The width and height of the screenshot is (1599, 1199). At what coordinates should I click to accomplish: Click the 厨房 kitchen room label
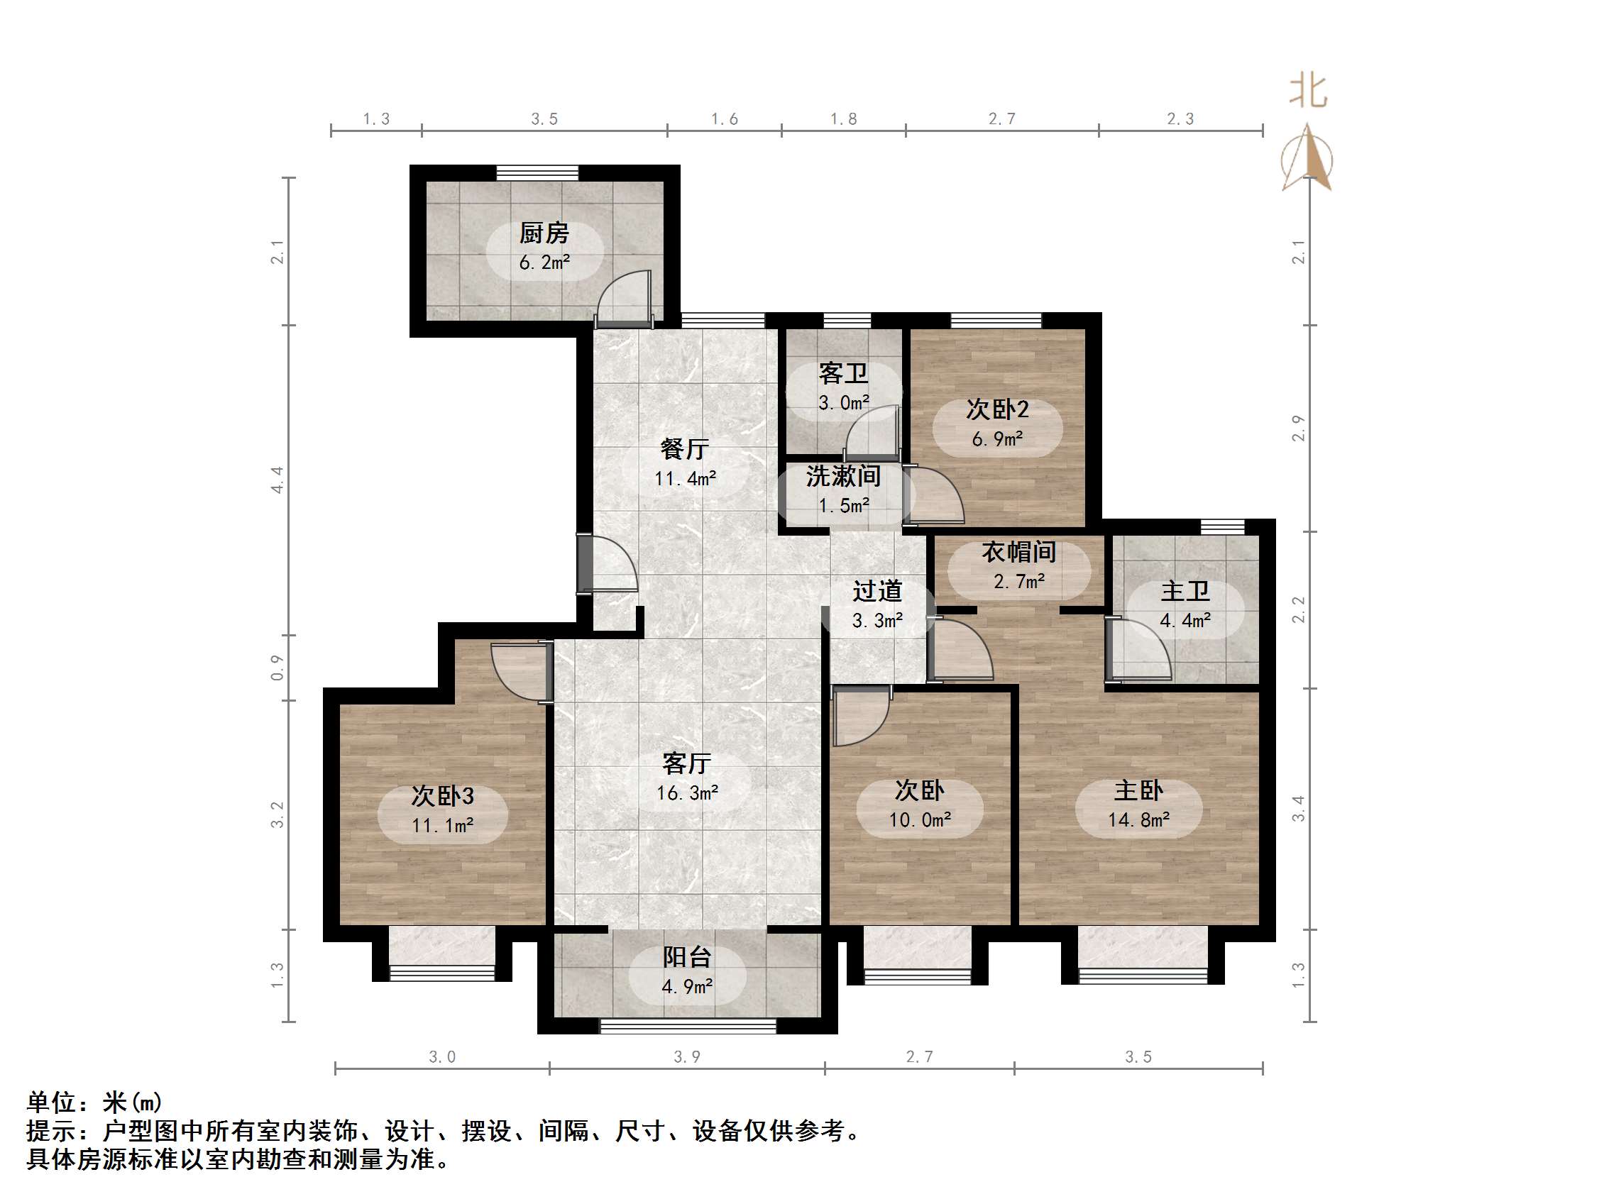(544, 233)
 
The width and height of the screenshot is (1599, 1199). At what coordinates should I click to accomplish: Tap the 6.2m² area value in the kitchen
(544, 263)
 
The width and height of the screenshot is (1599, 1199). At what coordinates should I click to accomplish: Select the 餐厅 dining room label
(684, 449)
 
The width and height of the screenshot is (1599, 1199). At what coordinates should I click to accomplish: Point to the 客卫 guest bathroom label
(843, 373)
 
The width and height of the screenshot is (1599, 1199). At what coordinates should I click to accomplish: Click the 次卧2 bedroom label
(997, 409)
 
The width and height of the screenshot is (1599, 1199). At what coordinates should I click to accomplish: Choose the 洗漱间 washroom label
(843, 476)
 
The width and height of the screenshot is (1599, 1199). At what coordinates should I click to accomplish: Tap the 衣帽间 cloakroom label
(1018, 552)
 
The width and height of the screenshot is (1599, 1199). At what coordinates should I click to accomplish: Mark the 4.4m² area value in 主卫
(1185, 620)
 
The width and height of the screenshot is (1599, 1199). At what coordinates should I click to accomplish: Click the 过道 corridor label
(877, 591)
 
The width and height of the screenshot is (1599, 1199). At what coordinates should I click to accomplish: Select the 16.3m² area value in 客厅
(687, 792)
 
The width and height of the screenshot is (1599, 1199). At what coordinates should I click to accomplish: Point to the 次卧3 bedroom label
(442, 796)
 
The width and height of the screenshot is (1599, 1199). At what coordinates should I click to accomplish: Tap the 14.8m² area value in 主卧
(1138, 819)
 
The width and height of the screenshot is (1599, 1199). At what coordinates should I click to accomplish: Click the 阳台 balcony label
(687, 957)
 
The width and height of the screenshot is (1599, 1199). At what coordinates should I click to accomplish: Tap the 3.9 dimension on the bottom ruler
(687, 1056)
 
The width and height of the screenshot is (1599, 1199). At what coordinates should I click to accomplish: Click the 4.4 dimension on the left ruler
(278, 480)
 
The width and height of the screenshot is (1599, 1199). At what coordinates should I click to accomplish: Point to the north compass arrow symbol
(1308, 158)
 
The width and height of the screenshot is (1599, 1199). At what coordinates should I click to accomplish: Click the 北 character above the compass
(1308, 92)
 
